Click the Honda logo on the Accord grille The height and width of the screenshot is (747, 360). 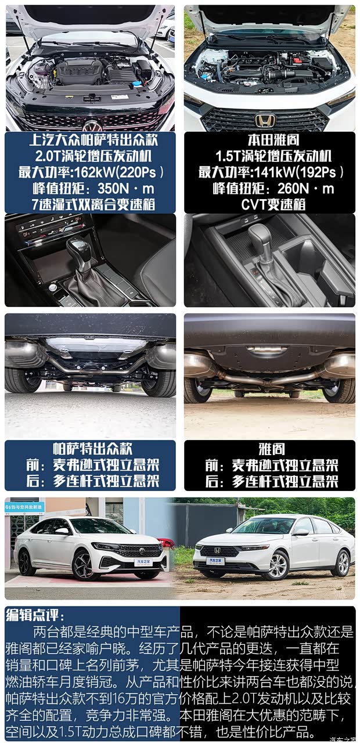click(x=265, y=121)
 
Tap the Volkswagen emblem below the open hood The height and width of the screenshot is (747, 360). click(x=92, y=126)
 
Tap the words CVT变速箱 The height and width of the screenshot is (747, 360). click(x=270, y=204)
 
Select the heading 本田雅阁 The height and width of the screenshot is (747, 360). click(x=270, y=141)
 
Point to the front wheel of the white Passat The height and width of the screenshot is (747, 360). click(x=85, y=565)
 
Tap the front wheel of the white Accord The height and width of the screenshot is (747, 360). click(x=277, y=565)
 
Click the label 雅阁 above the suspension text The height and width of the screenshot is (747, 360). click(x=270, y=449)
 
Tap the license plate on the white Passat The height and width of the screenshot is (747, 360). click(x=142, y=562)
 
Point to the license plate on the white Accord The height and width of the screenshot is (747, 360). click(x=215, y=561)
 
